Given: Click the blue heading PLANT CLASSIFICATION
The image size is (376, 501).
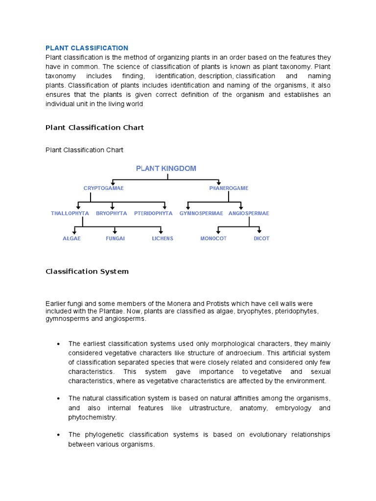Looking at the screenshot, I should coord(87,48).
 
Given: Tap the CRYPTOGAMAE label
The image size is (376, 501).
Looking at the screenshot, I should coord(103,188).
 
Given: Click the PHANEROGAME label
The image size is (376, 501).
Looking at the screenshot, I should coord(229,188).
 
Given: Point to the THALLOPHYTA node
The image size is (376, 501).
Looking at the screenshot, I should coord(70,213).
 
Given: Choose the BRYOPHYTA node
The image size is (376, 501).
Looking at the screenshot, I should coord(111,213).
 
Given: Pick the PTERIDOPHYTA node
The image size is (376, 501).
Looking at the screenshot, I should coord(153,213).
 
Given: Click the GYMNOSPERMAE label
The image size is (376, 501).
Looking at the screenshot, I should coord(201,213).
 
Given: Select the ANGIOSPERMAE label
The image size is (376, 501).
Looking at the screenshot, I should coord(249,213).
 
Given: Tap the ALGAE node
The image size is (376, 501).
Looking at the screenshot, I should coord(71,239).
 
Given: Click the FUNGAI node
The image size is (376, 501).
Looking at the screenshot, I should coord(116,239).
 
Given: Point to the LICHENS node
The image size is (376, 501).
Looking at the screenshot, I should coord(163,239).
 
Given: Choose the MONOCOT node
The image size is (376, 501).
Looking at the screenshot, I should coord(213,239).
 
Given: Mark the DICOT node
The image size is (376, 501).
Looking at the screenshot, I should coord(261,239).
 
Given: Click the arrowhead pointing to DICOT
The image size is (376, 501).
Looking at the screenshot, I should coord(259,231).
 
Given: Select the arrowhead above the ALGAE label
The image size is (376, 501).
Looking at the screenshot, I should coord(74,231).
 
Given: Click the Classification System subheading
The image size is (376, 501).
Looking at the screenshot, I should coord(87,271).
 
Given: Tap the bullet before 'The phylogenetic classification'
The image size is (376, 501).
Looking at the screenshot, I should coord(58,435).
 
